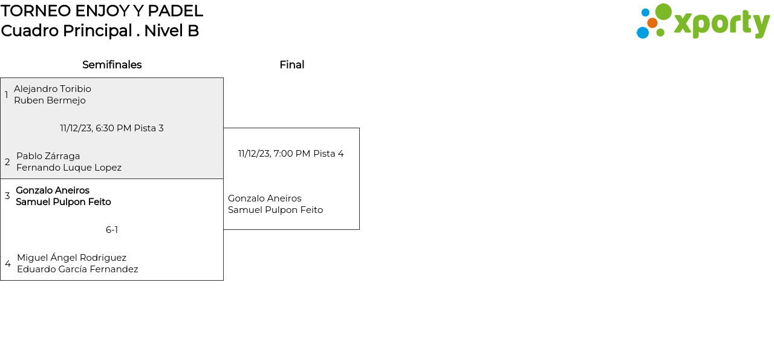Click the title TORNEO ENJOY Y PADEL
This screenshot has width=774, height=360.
point(102,11)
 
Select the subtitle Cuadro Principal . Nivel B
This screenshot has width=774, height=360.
point(100,31)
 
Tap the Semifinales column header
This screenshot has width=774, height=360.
point(112,65)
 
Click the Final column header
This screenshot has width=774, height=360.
point(291,65)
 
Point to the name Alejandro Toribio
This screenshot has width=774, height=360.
point(53,89)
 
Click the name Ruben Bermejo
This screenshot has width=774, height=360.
point(50,100)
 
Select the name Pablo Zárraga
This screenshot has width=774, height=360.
point(48,156)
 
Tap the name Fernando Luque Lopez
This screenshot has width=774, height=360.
point(69,168)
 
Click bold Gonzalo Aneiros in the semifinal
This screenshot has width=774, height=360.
point(53,191)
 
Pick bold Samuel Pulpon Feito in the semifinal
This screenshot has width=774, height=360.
point(63,202)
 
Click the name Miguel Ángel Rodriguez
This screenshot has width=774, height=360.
point(71,258)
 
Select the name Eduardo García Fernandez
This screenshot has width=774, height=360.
point(77,269)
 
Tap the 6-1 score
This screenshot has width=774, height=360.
point(112,230)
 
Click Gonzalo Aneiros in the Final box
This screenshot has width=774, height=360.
point(264,198)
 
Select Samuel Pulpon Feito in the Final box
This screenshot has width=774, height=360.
point(275,210)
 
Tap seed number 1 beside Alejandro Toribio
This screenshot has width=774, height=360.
point(7,95)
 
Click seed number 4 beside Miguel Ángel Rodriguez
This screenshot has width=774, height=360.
point(8,264)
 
